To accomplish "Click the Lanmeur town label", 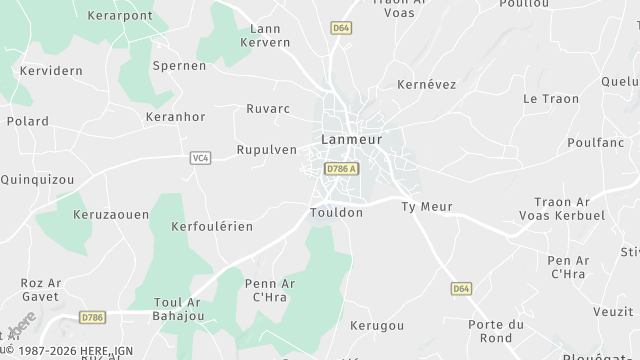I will [x=351, y=139].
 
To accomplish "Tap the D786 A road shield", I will [x=342, y=171].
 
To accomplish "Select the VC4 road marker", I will [x=199, y=157].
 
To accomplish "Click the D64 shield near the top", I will [x=342, y=29].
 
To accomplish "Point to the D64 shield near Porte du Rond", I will [x=460, y=288].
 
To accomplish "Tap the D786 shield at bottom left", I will [x=92, y=317].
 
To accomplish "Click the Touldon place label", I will [x=336, y=213].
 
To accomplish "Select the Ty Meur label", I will [x=427, y=206].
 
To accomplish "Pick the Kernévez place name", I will [x=427, y=85].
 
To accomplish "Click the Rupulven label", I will [x=266, y=149].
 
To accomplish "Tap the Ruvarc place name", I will [x=268, y=108].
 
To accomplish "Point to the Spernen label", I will [x=179, y=65].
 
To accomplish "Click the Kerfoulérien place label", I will [x=212, y=226].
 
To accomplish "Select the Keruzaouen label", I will [x=110, y=214].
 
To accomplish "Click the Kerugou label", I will [x=379, y=326].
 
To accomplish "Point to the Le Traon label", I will [x=545, y=98].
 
